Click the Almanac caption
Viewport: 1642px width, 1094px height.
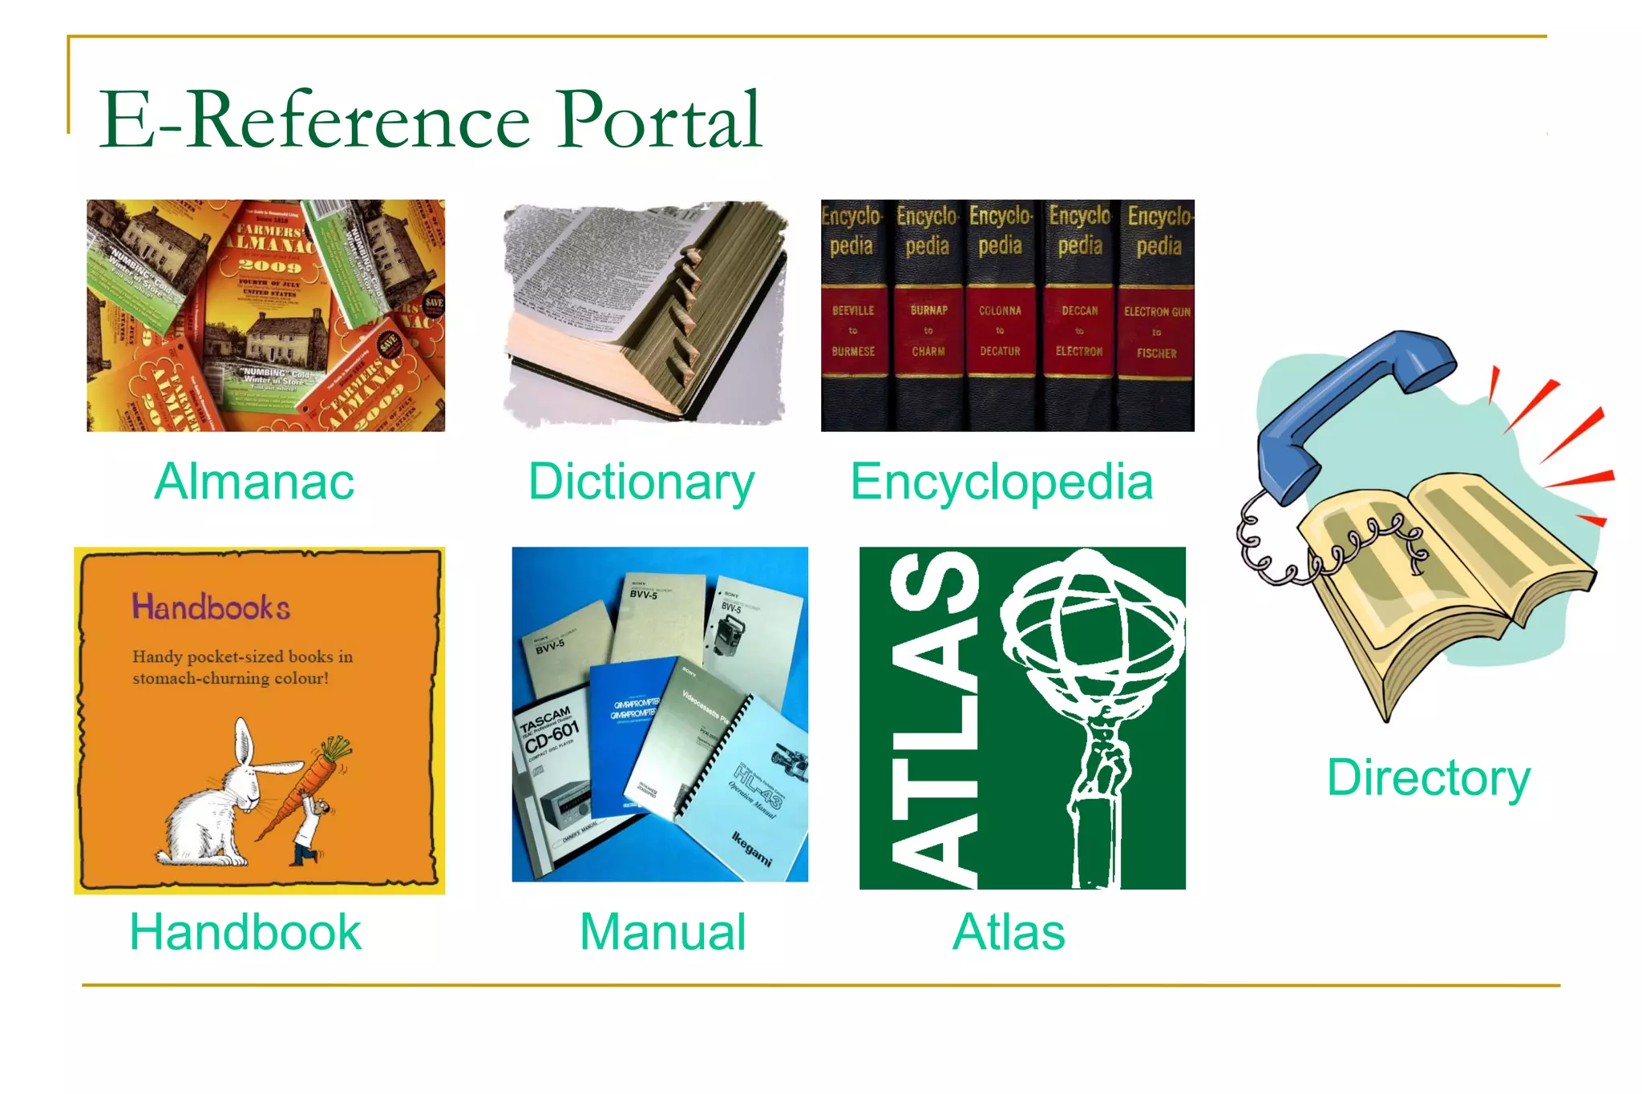coord(254,482)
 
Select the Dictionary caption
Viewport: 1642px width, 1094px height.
coord(641,482)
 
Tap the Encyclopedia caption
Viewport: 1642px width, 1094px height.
coord(1001,482)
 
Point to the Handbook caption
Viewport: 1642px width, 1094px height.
coord(245,932)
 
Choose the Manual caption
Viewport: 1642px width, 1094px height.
coord(662,932)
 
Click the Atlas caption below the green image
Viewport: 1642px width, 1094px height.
coord(1009,932)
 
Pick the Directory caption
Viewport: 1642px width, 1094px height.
coord(1428,777)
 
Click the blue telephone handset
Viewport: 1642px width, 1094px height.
coord(1347,401)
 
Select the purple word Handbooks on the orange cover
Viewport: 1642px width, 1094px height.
coord(211,608)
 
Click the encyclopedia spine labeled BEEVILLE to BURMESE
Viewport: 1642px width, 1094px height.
coord(853,331)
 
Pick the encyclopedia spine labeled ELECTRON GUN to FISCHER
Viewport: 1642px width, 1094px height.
coord(1156,331)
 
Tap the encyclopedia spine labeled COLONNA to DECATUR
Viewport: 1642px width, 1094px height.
coord(1000,331)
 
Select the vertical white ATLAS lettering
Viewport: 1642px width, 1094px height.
coord(934,721)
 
